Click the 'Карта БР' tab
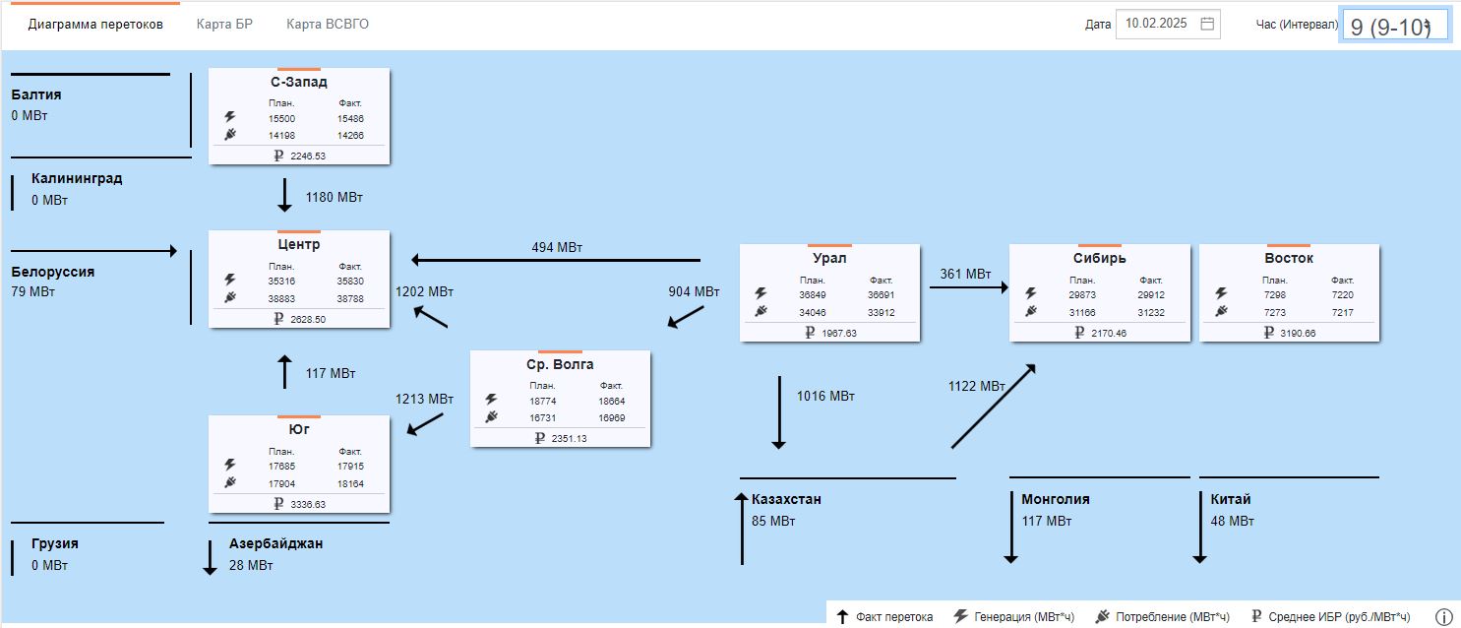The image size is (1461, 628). tap(224, 25)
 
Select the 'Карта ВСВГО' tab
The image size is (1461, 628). tap(328, 25)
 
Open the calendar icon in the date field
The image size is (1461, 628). tap(1207, 24)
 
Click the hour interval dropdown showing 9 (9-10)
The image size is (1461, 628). tap(1393, 27)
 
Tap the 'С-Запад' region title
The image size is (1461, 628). tap(299, 82)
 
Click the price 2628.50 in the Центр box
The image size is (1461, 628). tap(308, 319)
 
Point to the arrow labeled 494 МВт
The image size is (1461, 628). tap(556, 260)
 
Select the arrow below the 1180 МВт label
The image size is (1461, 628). tap(284, 195)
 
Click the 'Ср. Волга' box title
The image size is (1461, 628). tap(560, 364)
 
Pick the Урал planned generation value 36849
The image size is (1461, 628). tap(812, 295)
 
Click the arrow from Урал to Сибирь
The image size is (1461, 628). tap(968, 287)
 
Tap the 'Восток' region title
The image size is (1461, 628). tap(1288, 258)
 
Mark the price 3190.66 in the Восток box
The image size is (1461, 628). tap(1298, 333)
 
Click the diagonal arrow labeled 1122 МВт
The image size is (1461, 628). tap(994, 407)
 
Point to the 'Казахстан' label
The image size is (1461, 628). tap(786, 499)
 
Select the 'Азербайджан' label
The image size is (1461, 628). tap(275, 543)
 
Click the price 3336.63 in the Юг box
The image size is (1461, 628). tap(308, 504)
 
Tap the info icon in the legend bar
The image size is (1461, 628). tap(1443, 617)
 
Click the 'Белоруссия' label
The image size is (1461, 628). tap(53, 272)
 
